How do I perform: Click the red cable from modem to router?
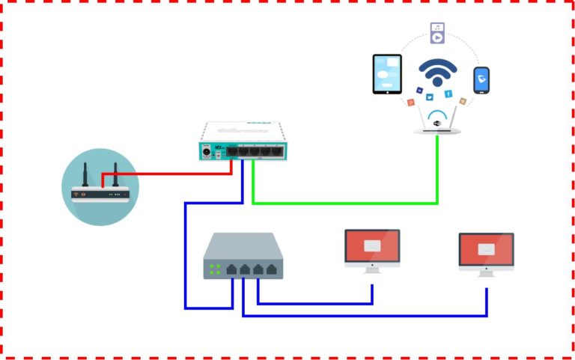tap(172, 173)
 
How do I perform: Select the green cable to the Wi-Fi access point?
tap(344, 202)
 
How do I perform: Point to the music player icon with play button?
tap(437, 33)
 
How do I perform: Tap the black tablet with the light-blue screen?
tap(387, 74)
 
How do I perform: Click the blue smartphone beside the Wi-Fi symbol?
tap(481, 81)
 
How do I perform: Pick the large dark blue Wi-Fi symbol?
tap(437, 73)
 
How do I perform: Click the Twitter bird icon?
tap(430, 97)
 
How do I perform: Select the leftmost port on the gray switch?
tap(231, 269)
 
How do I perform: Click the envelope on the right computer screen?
tap(486, 249)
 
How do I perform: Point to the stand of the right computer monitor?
tap(486, 273)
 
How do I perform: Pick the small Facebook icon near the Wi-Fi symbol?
tap(448, 94)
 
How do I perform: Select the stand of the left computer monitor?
tap(372, 269)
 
